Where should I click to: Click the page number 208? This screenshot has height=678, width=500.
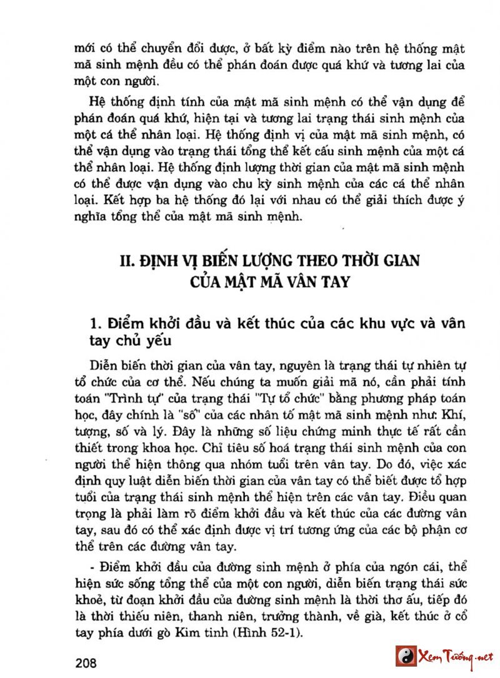click(85, 662)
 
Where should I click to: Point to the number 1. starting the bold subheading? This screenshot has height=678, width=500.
click(96, 325)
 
